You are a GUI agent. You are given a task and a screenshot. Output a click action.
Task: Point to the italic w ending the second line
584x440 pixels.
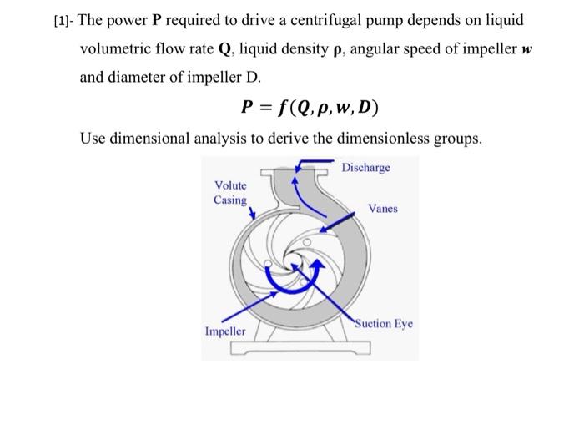[x=526, y=48]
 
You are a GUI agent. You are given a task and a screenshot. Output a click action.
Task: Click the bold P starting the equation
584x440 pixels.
[x=244, y=108]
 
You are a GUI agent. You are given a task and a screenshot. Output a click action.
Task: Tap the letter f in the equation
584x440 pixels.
[x=284, y=108]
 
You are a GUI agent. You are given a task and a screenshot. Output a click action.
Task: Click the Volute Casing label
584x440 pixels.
[x=230, y=193]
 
